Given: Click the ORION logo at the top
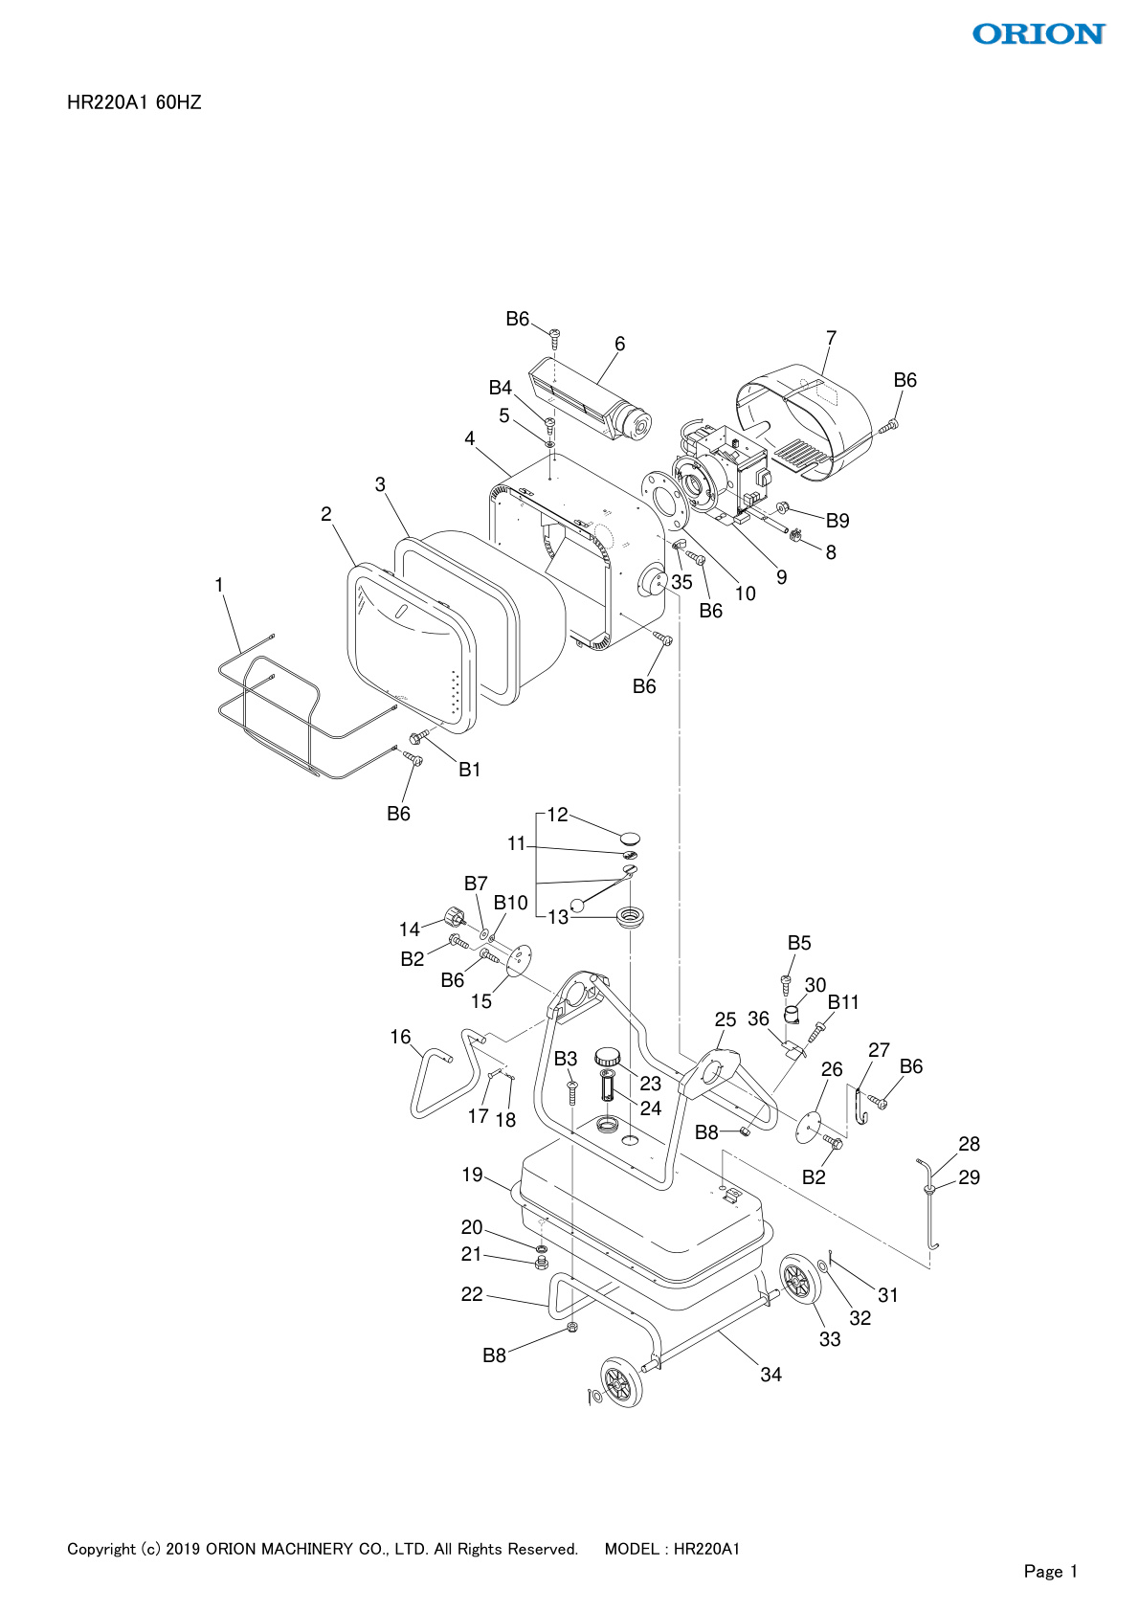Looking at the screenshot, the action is pos(1038,34).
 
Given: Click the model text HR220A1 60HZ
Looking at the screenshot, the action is pos(134,103).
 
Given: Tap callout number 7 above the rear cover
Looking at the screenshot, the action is pos(831,338).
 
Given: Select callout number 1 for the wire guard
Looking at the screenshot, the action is pos(219,585).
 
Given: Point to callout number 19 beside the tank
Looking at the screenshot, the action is pos(472,1175).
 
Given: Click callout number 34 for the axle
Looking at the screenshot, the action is pos(770,1375).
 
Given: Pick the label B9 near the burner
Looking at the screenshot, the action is pos(837,521).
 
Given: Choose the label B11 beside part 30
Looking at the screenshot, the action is pos(843,1001).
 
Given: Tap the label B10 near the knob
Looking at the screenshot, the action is pos(510,903).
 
